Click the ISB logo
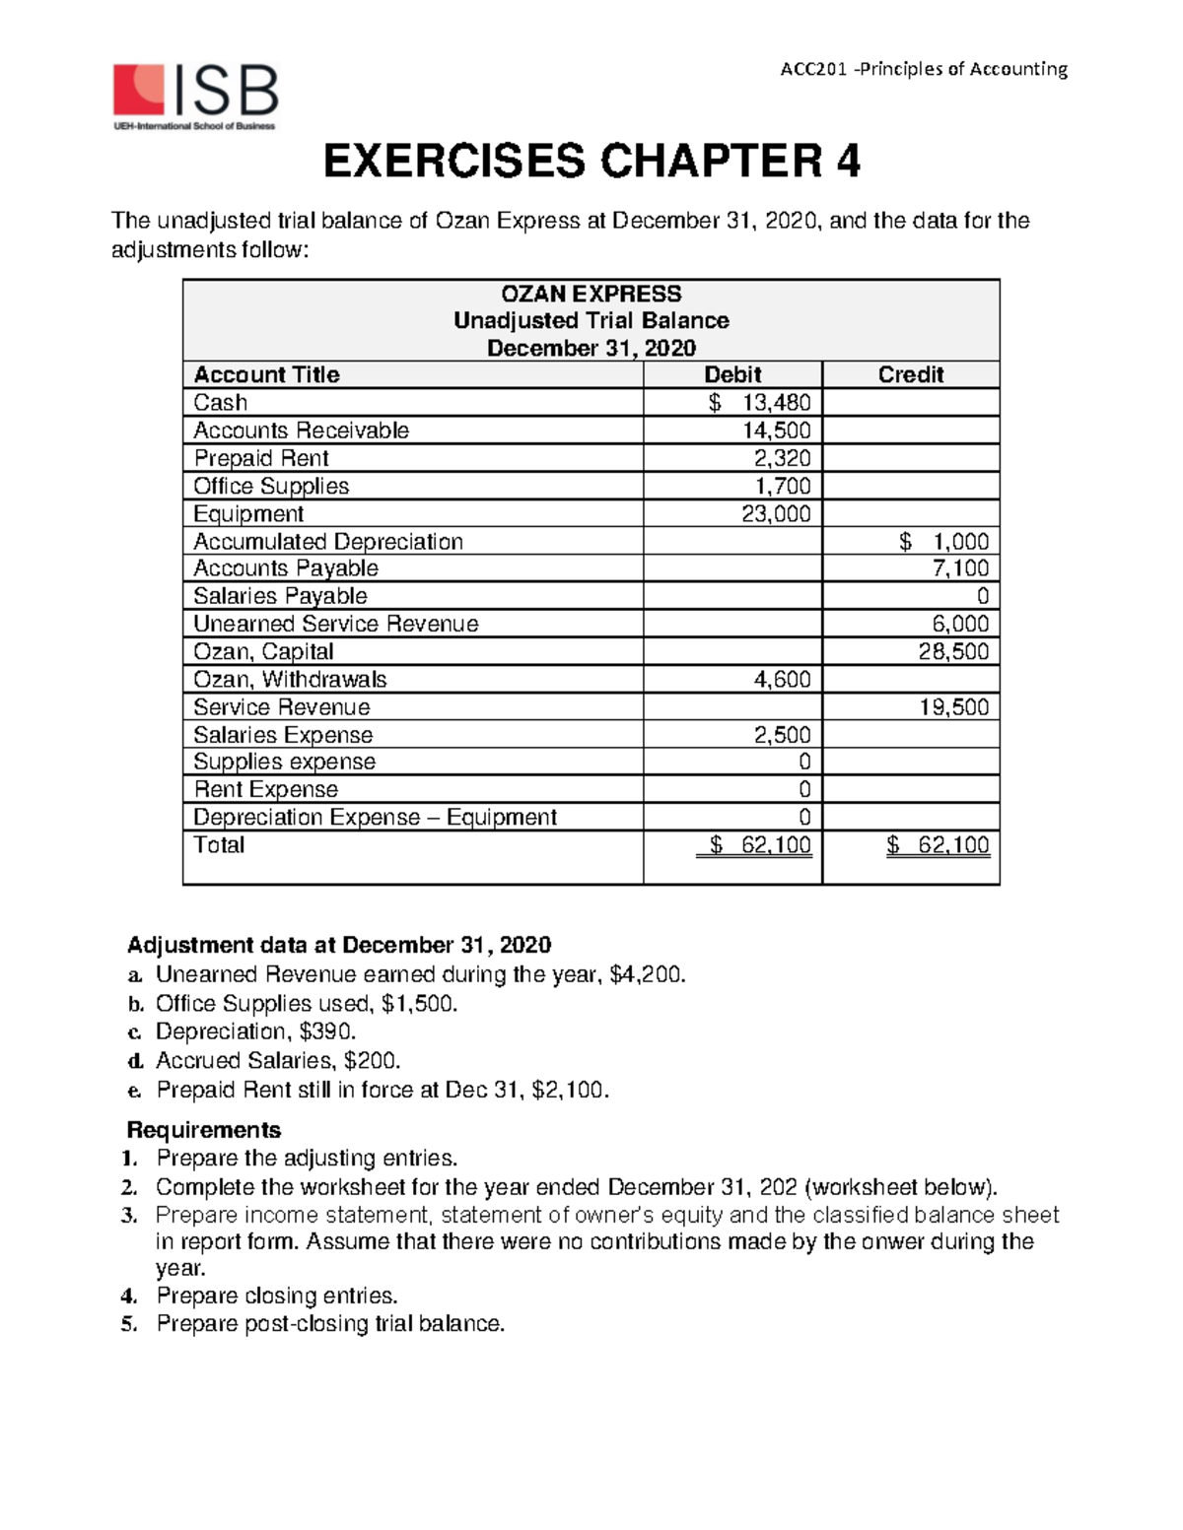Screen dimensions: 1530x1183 [x=195, y=97]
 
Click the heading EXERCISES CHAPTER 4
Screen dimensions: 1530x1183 [x=591, y=162]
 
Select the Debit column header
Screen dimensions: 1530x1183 [x=731, y=374]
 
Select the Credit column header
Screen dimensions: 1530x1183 [x=910, y=374]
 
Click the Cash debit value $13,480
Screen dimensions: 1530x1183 [x=760, y=402]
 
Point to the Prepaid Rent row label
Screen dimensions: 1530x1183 [x=261, y=458]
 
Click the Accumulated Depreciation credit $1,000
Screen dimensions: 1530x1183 [x=943, y=542]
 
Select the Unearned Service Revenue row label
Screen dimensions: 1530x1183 [x=335, y=624]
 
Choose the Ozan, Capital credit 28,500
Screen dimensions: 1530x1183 [x=953, y=651]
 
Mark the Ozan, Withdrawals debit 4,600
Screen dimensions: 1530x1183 [x=782, y=679]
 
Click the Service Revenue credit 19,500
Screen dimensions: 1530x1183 [x=953, y=707]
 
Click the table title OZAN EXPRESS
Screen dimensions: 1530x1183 [x=591, y=294]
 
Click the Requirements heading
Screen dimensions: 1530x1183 [x=204, y=1129]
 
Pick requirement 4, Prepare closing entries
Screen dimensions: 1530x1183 [x=276, y=1296]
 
